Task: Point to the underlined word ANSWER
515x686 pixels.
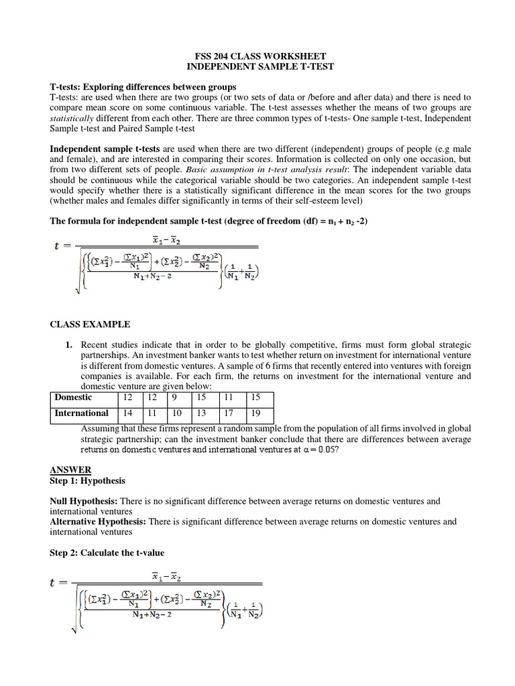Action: coord(70,470)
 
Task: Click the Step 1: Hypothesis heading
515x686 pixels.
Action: coord(87,480)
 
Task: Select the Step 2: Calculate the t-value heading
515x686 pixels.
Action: coord(107,552)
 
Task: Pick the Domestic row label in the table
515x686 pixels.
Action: coord(74,397)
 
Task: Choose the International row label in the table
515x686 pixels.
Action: coord(81,413)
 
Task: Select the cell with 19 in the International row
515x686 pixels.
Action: coord(255,413)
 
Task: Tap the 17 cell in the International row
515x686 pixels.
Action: coord(229,413)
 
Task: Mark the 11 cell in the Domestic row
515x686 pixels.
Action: coord(229,397)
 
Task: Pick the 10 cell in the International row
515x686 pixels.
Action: coord(177,413)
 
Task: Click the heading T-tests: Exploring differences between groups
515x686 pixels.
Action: coord(143,87)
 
